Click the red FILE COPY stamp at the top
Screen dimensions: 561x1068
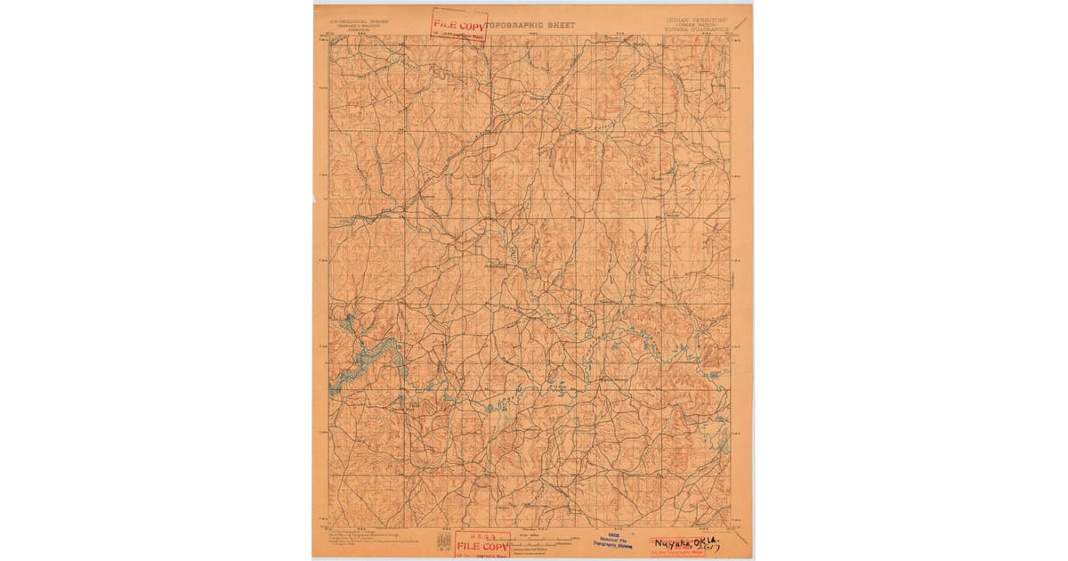[x=459, y=23]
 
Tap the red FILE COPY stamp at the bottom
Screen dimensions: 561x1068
[x=482, y=543]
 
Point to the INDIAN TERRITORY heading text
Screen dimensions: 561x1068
[x=696, y=18]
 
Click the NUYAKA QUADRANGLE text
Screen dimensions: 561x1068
[x=696, y=29]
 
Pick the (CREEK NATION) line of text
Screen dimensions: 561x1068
[x=696, y=24]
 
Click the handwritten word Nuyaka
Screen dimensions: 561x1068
[x=674, y=541]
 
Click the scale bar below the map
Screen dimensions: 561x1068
[x=543, y=540]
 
